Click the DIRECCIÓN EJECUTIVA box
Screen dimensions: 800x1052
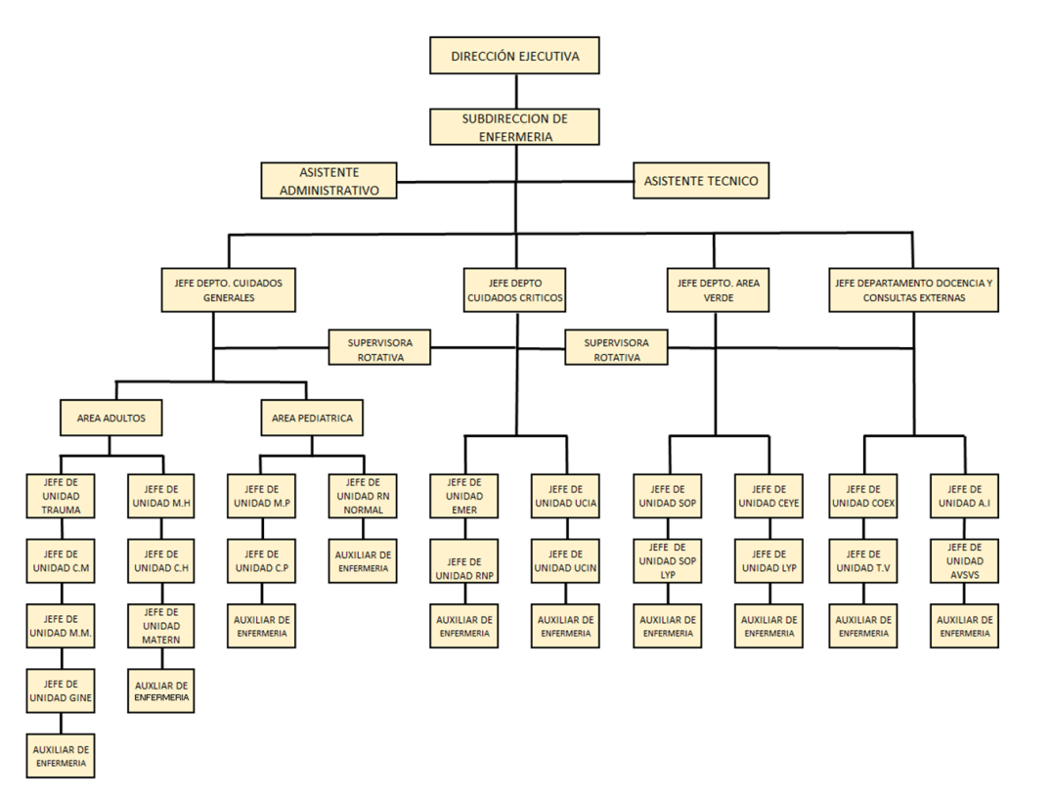[x=514, y=56]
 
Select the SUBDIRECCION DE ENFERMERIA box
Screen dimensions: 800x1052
[x=514, y=128]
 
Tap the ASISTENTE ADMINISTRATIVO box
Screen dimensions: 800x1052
[x=329, y=181]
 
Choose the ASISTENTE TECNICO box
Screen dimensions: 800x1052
[x=700, y=181]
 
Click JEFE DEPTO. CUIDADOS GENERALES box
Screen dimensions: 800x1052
[x=228, y=290]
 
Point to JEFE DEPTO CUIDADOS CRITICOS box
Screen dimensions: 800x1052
[x=514, y=290]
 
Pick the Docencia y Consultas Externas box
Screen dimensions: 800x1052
[x=913, y=290]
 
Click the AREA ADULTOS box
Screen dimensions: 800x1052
[x=110, y=418]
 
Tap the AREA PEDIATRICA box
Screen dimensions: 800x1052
[x=312, y=418]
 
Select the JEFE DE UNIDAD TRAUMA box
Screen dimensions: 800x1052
[x=61, y=495]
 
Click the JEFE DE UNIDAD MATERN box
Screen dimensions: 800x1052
[x=161, y=626]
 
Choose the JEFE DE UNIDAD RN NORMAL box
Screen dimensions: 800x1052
[x=364, y=496]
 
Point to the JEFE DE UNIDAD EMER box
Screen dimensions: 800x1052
[x=463, y=496]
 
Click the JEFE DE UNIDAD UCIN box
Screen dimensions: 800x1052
[x=566, y=560]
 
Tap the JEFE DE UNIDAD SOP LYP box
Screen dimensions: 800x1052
[x=668, y=560]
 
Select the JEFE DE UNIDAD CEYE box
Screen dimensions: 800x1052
[x=769, y=496]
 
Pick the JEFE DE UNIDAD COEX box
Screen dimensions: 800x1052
[x=862, y=496]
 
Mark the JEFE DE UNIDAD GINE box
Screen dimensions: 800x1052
[x=61, y=690]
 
